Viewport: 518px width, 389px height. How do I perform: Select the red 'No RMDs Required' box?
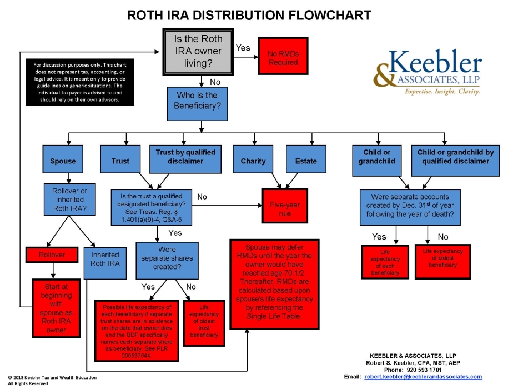(x=283, y=58)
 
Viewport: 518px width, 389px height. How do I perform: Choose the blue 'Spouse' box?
(x=63, y=161)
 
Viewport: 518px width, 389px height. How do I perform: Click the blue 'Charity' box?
(x=253, y=161)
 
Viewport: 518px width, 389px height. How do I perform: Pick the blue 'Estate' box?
(x=306, y=161)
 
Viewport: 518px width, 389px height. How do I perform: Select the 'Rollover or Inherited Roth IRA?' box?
(x=69, y=200)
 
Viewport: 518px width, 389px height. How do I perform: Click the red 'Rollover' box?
(x=52, y=255)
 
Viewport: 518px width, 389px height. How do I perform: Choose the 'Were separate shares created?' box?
(x=167, y=258)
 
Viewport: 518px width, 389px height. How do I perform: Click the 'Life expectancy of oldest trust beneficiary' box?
(x=204, y=323)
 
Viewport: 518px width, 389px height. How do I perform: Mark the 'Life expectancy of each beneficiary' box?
(x=385, y=261)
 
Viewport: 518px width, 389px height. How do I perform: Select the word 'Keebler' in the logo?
(x=435, y=62)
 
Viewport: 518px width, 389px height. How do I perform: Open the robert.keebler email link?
(x=423, y=377)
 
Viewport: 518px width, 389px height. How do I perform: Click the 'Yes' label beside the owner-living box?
(x=243, y=48)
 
